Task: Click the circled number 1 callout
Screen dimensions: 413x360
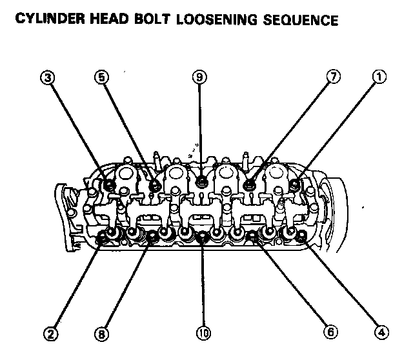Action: tap(380, 77)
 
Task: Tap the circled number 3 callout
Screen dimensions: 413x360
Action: tap(45, 77)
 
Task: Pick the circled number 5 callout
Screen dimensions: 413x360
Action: tap(100, 77)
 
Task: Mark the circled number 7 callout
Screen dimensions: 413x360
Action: tap(332, 77)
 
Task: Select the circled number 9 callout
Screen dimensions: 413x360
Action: tap(200, 77)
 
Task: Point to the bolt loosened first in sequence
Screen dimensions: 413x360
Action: tap(296, 186)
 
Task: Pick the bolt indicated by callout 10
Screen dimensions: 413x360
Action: tap(203, 237)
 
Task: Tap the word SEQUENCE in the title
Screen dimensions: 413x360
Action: tap(301, 20)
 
